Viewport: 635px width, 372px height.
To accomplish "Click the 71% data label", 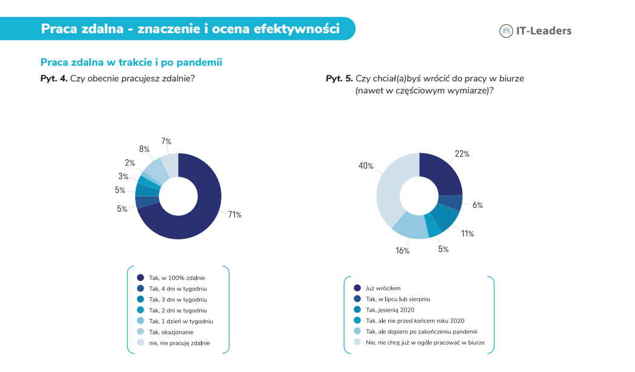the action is [235, 215].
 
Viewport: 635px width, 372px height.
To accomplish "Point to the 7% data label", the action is [166, 141].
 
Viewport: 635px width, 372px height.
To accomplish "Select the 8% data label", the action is [144, 149].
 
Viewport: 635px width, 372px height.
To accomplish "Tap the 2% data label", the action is [130, 163].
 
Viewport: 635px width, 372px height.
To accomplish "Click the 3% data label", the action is [123, 176].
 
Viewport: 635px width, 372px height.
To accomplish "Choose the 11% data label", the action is [467, 233].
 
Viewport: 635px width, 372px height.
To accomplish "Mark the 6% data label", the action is [477, 205].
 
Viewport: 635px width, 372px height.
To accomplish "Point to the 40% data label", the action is [366, 166].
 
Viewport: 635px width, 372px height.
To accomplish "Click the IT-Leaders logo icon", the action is [506, 31].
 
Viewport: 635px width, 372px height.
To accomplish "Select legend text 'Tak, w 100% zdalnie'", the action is [177, 278].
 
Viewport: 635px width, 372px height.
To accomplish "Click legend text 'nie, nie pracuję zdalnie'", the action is [179, 343].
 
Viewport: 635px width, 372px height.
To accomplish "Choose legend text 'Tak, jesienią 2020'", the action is [390, 310].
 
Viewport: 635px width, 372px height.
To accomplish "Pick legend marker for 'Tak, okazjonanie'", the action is [141, 332].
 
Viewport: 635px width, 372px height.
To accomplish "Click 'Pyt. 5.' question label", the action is [339, 78].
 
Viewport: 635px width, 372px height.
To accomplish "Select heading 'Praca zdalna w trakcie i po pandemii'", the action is [131, 62].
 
